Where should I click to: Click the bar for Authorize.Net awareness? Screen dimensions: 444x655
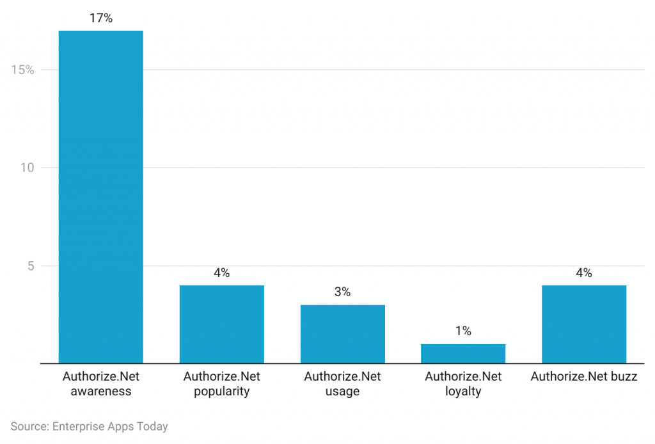[100, 197]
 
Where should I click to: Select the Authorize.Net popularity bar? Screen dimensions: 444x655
[221, 324]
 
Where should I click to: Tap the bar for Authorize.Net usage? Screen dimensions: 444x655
[342, 334]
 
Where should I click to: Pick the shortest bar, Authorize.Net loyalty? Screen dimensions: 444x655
[463, 354]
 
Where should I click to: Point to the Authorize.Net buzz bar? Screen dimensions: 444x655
[584, 324]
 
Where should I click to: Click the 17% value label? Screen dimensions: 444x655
[100, 19]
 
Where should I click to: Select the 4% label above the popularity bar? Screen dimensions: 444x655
[221, 273]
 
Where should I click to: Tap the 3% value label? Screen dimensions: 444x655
[342, 292]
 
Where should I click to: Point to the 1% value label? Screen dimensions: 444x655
[463, 331]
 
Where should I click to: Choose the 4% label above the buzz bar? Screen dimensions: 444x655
[584, 273]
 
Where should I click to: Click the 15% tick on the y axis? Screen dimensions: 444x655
[22, 70]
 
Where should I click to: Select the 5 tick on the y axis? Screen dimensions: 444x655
[29, 266]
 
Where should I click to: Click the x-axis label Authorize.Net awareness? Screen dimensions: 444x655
[100, 384]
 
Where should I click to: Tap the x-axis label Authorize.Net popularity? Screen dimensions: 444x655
[221, 384]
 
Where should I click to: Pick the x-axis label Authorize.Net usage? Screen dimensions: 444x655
[342, 384]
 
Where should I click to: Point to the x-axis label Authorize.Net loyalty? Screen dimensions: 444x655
[463, 384]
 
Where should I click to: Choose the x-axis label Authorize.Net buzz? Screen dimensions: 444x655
[584, 377]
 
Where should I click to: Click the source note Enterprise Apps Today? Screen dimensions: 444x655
[89, 426]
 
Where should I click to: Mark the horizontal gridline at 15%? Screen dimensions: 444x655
[384, 70]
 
